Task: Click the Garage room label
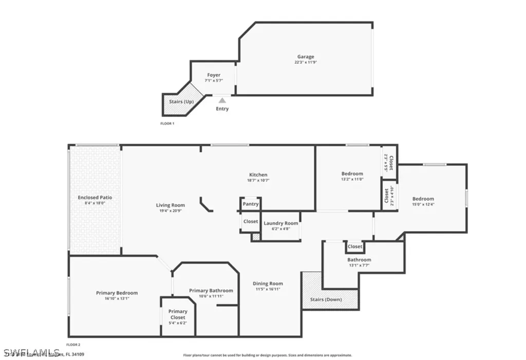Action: coord(306,57)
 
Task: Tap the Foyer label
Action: coord(214,75)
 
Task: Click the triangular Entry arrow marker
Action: coord(222,101)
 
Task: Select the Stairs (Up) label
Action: coord(181,102)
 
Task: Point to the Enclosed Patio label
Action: coord(95,197)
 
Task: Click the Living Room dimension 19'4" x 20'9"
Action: coord(171,211)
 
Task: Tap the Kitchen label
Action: coord(258,175)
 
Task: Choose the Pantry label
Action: coord(251,204)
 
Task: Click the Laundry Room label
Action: coord(280,223)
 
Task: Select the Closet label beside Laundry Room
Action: coord(251,221)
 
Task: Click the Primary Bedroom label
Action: coord(117,293)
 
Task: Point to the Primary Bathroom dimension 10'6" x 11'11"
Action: coord(211,296)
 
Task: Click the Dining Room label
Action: coord(268,283)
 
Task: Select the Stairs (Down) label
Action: coord(326,299)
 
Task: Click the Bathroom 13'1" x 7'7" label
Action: coord(359,260)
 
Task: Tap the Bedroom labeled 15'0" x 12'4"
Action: coord(423,199)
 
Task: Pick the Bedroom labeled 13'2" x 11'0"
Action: coord(352,174)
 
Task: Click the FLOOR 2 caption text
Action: coord(73,345)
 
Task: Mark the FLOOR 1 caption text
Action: coord(167,124)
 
